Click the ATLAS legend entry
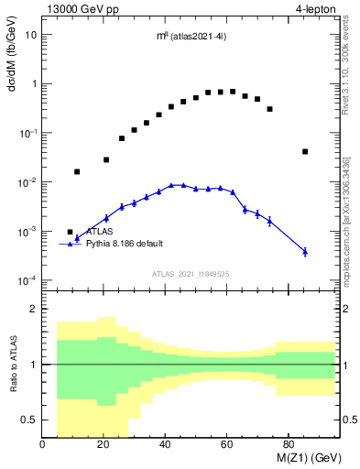(99, 232)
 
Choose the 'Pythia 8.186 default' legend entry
(125, 244)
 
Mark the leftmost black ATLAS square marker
(71, 232)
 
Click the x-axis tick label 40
(165, 445)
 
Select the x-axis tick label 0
(43, 445)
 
